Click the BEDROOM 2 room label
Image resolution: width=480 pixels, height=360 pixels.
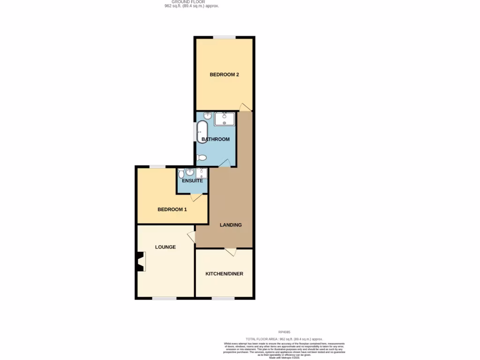(224, 75)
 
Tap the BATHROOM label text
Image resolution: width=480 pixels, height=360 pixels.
(215, 139)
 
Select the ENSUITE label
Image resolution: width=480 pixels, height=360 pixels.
(192, 180)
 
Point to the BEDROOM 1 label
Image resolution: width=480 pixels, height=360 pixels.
(172, 210)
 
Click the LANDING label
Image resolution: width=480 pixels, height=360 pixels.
(231, 225)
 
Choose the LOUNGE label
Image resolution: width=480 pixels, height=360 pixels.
(165, 247)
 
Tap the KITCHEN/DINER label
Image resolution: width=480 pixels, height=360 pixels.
(224, 274)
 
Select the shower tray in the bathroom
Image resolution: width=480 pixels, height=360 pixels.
(225, 119)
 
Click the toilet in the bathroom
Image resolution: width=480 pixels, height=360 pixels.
(202, 158)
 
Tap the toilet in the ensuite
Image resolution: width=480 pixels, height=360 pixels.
(181, 174)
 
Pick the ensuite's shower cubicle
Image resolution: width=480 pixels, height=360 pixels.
(202, 173)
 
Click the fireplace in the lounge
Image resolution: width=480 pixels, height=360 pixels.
(140, 262)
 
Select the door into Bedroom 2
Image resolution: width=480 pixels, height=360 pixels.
(244, 107)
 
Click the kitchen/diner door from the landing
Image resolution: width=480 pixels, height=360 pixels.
(230, 252)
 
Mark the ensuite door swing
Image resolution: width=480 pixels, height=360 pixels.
(196, 197)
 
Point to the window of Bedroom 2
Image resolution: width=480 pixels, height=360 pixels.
(225, 37)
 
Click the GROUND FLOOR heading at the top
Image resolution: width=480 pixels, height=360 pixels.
(188, 2)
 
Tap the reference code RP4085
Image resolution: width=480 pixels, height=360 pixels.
(284, 332)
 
